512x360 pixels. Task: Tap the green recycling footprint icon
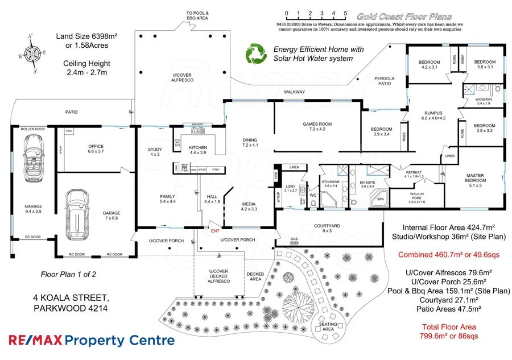[x=257, y=53]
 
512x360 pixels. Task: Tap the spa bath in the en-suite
[x=378, y=199]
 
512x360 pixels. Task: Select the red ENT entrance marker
[x=214, y=231]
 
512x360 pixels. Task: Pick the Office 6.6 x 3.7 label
[x=96, y=150]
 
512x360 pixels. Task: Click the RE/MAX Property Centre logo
[x=91, y=341]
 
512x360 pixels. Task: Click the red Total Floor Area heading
[x=448, y=326]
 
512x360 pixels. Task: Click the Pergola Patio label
[x=384, y=81]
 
